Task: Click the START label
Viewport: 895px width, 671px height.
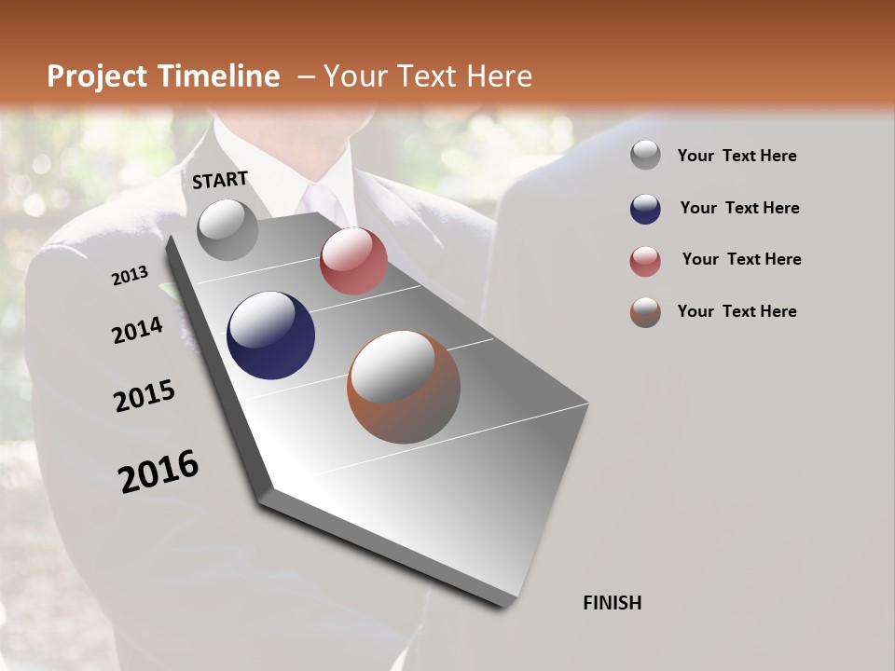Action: click(220, 180)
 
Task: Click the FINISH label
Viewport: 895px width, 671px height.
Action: click(612, 603)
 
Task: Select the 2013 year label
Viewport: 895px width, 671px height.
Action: click(130, 276)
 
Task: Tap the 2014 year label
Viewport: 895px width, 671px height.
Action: click(137, 330)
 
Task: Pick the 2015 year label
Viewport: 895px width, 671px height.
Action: click(145, 396)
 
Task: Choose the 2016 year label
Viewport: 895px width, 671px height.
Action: click(158, 472)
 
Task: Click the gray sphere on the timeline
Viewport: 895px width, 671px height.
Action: click(227, 229)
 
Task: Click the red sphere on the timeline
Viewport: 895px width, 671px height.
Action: click(353, 261)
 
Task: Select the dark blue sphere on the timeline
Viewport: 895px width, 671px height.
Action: click(270, 335)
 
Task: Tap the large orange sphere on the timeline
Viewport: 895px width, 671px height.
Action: click(404, 387)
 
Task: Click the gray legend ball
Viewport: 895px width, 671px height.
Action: click(645, 156)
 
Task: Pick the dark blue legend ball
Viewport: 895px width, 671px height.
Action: click(645, 208)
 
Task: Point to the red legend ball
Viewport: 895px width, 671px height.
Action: click(645, 260)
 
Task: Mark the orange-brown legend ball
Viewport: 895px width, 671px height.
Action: click(645, 312)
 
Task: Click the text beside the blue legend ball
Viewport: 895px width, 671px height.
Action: click(739, 208)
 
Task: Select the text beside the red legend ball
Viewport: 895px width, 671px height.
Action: click(741, 259)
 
